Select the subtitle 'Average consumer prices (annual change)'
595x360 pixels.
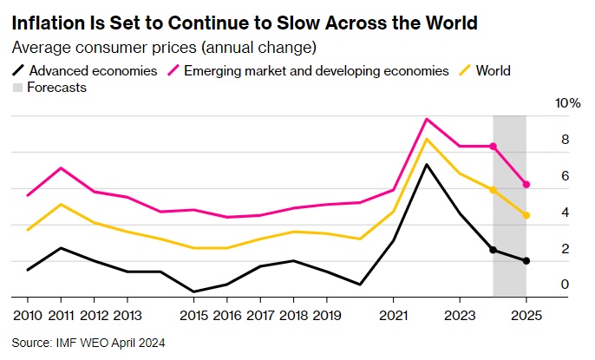pyautogui.click(x=164, y=46)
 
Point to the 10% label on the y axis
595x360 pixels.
pyautogui.click(x=568, y=103)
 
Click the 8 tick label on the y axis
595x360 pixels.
pyautogui.click(x=565, y=140)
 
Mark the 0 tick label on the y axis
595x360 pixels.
pyautogui.click(x=565, y=285)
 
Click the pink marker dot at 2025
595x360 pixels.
pyautogui.click(x=526, y=184)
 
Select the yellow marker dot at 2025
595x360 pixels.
pyautogui.click(x=526, y=215)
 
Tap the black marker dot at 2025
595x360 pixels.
pyautogui.click(x=526, y=261)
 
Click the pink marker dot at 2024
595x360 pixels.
pyautogui.click(x=494, y=147)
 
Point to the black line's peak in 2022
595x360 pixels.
pyautogui.click(x=427, y=164)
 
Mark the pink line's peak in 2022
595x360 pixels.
pyautogui.click(x=427, y=119)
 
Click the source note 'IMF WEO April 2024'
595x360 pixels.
pyautogui.click(x=88, y=343)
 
